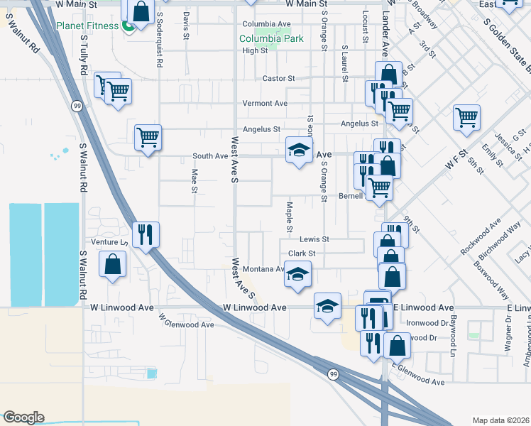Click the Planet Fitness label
pos(88,28)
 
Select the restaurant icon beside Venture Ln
pos(146,234)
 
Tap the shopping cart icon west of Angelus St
pos(148,136)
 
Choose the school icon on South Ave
pos(300,150)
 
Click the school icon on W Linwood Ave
pos(327,306)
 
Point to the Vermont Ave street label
pos(265,104)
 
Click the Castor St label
pos(278,78)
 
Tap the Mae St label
pos(194,180)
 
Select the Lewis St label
pos(314,239)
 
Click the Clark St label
pos(302,253)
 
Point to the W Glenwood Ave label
pos(187,321)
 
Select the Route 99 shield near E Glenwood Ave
pos(332,373)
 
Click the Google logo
pos(23,417)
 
